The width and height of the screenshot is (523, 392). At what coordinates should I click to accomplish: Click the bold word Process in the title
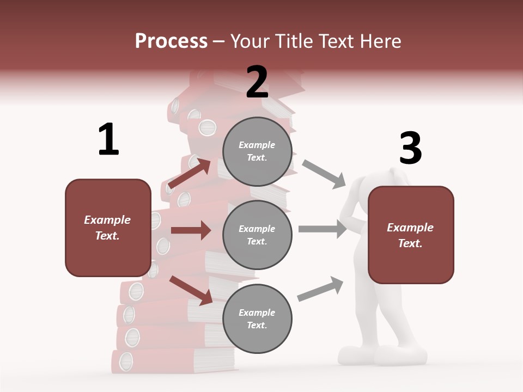(171, 41)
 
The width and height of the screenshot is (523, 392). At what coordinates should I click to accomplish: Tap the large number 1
(108, 139)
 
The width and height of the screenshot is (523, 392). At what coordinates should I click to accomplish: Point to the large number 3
(410, 148)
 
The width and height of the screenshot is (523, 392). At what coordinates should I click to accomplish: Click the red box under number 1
(108, 228)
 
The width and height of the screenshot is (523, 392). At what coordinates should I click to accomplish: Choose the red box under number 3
(411, 235)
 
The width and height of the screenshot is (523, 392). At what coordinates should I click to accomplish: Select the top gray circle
(257, 151)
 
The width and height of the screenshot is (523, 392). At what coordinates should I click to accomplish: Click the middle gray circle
(257, 235)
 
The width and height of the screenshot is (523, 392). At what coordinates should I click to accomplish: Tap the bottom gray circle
(257, 318)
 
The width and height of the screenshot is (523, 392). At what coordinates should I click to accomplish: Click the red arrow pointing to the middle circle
(191, 230)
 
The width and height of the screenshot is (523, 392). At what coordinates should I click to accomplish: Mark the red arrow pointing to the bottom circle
(191, 290)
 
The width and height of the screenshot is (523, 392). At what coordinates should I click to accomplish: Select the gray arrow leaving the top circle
(324, 174)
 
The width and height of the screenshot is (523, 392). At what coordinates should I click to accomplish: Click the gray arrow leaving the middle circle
(323, 229)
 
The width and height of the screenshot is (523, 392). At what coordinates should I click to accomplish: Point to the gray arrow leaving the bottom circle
(321, 289)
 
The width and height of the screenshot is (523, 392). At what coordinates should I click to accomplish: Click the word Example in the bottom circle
(257, 313)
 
